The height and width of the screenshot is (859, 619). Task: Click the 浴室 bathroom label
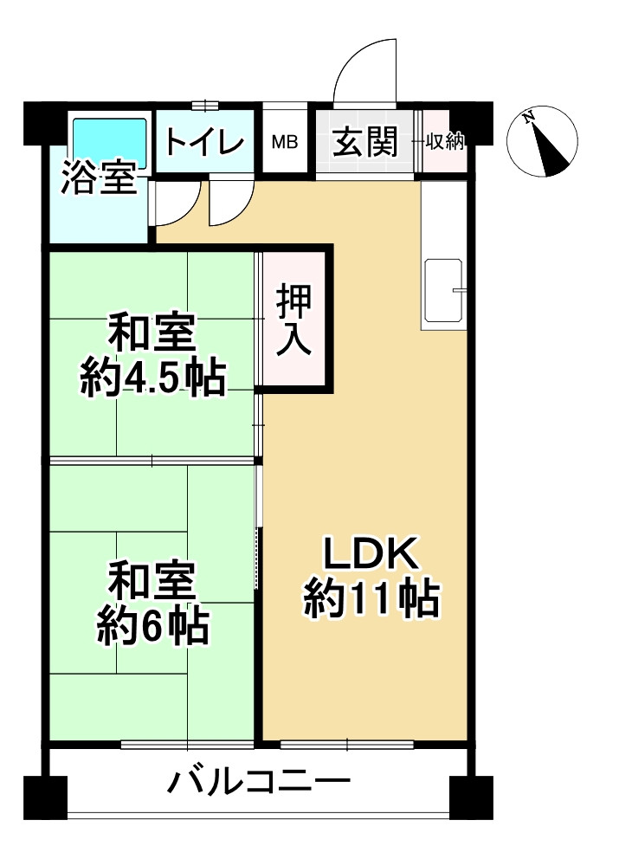98,179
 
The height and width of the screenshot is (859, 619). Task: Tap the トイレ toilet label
205,142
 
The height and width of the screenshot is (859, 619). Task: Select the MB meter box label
285,142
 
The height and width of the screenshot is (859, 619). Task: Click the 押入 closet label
294,320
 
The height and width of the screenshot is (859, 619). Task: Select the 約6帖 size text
152,626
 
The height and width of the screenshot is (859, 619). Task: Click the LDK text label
371,555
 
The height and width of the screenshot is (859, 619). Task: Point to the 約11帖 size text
371,599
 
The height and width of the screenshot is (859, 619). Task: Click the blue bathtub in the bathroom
110,139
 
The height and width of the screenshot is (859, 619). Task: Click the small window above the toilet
205,106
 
